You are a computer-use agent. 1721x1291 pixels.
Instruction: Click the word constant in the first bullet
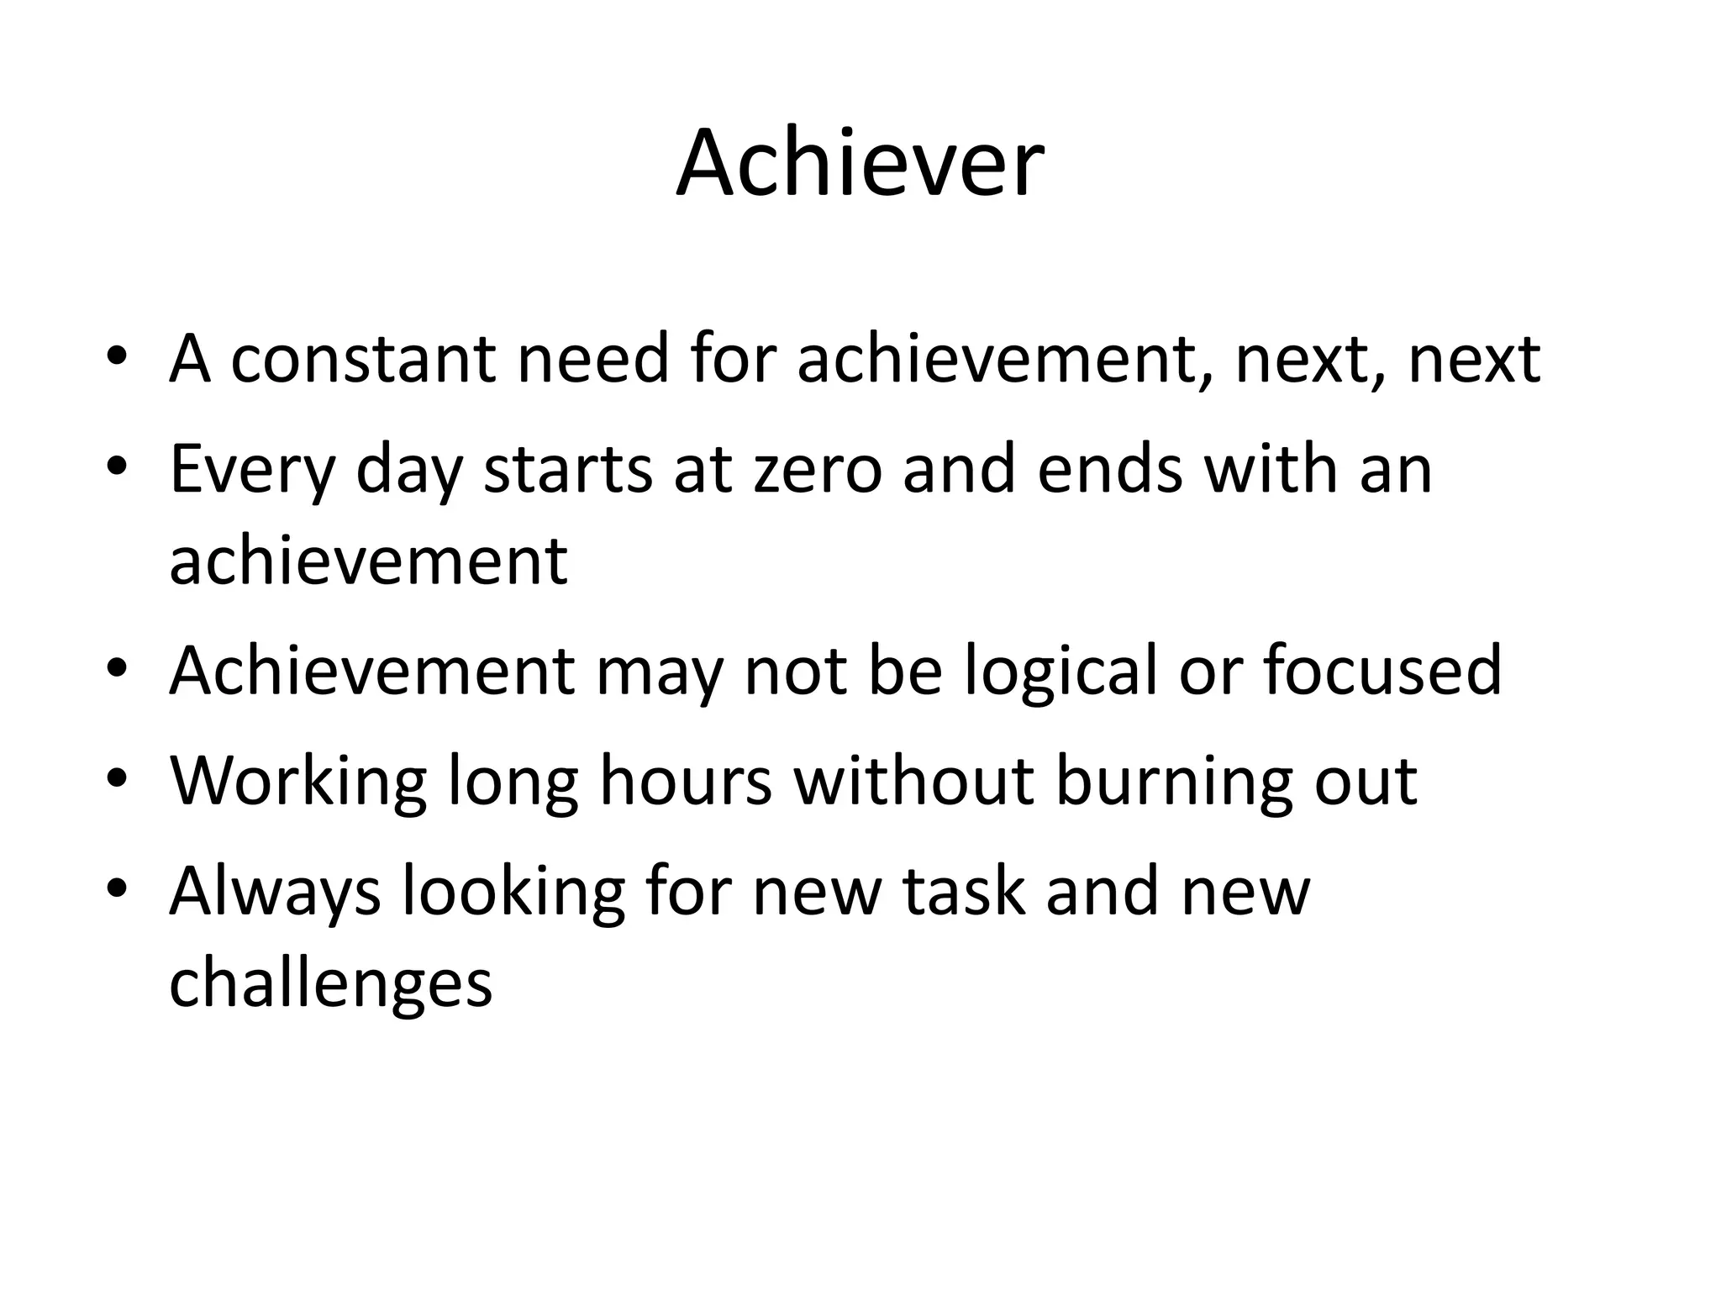pos(362,360)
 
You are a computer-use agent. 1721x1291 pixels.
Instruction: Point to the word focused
pos(1382,670)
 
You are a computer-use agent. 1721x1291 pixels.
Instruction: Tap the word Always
pos(275,893)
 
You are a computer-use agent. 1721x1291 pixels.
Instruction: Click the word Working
pos(298,782)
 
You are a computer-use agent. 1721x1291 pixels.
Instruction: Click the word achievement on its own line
pos(368,561)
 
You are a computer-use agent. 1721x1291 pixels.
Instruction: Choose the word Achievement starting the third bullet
pos(372,670)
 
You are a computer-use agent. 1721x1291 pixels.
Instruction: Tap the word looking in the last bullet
pos(513,893)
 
